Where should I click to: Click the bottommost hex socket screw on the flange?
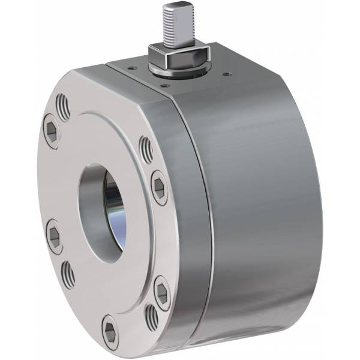point(109,328)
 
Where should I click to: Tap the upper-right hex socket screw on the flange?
point(158,185)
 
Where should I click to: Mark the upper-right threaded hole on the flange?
point(146,150)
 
